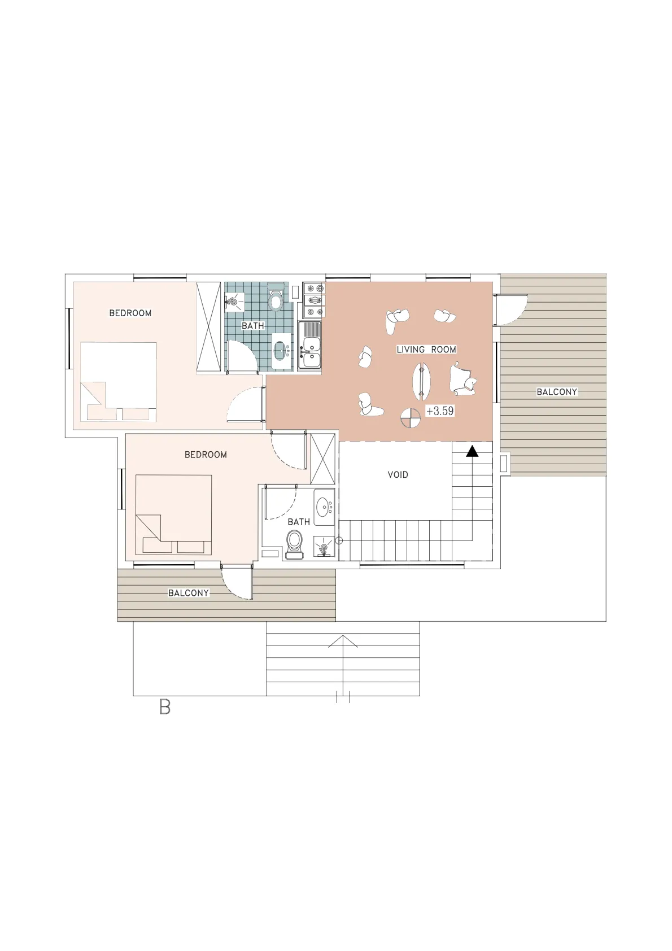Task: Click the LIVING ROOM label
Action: pyautogui.click(x=426, y=350)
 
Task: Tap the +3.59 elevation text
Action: pyautogui.click(x=440, y=411)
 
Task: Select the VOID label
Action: pyautogui.click(x=398, y=474)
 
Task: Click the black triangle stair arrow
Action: pyautogui.click(x=472, y=451)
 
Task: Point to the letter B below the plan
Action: pyautogui.click(x=165, y=707)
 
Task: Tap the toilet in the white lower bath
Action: pyautogui.click(x=295, y=544)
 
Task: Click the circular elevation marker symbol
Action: pyautogui.click(x=411, y=418)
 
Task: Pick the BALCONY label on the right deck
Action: pyautogui.click(x=557, y=392)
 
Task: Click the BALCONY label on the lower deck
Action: pyautogui.click(x=189, y=592)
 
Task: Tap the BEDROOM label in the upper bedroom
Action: pyautogui.click(x=130, y=313)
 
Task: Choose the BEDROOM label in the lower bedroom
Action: pyautogui.click(x=206, y=455)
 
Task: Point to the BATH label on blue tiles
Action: pyautogui.click(x=253, y=326)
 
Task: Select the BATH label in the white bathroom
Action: pyautogui.click(x=299, y=522)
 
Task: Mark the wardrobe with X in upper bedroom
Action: pyautogui.click(x=210, y=328)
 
